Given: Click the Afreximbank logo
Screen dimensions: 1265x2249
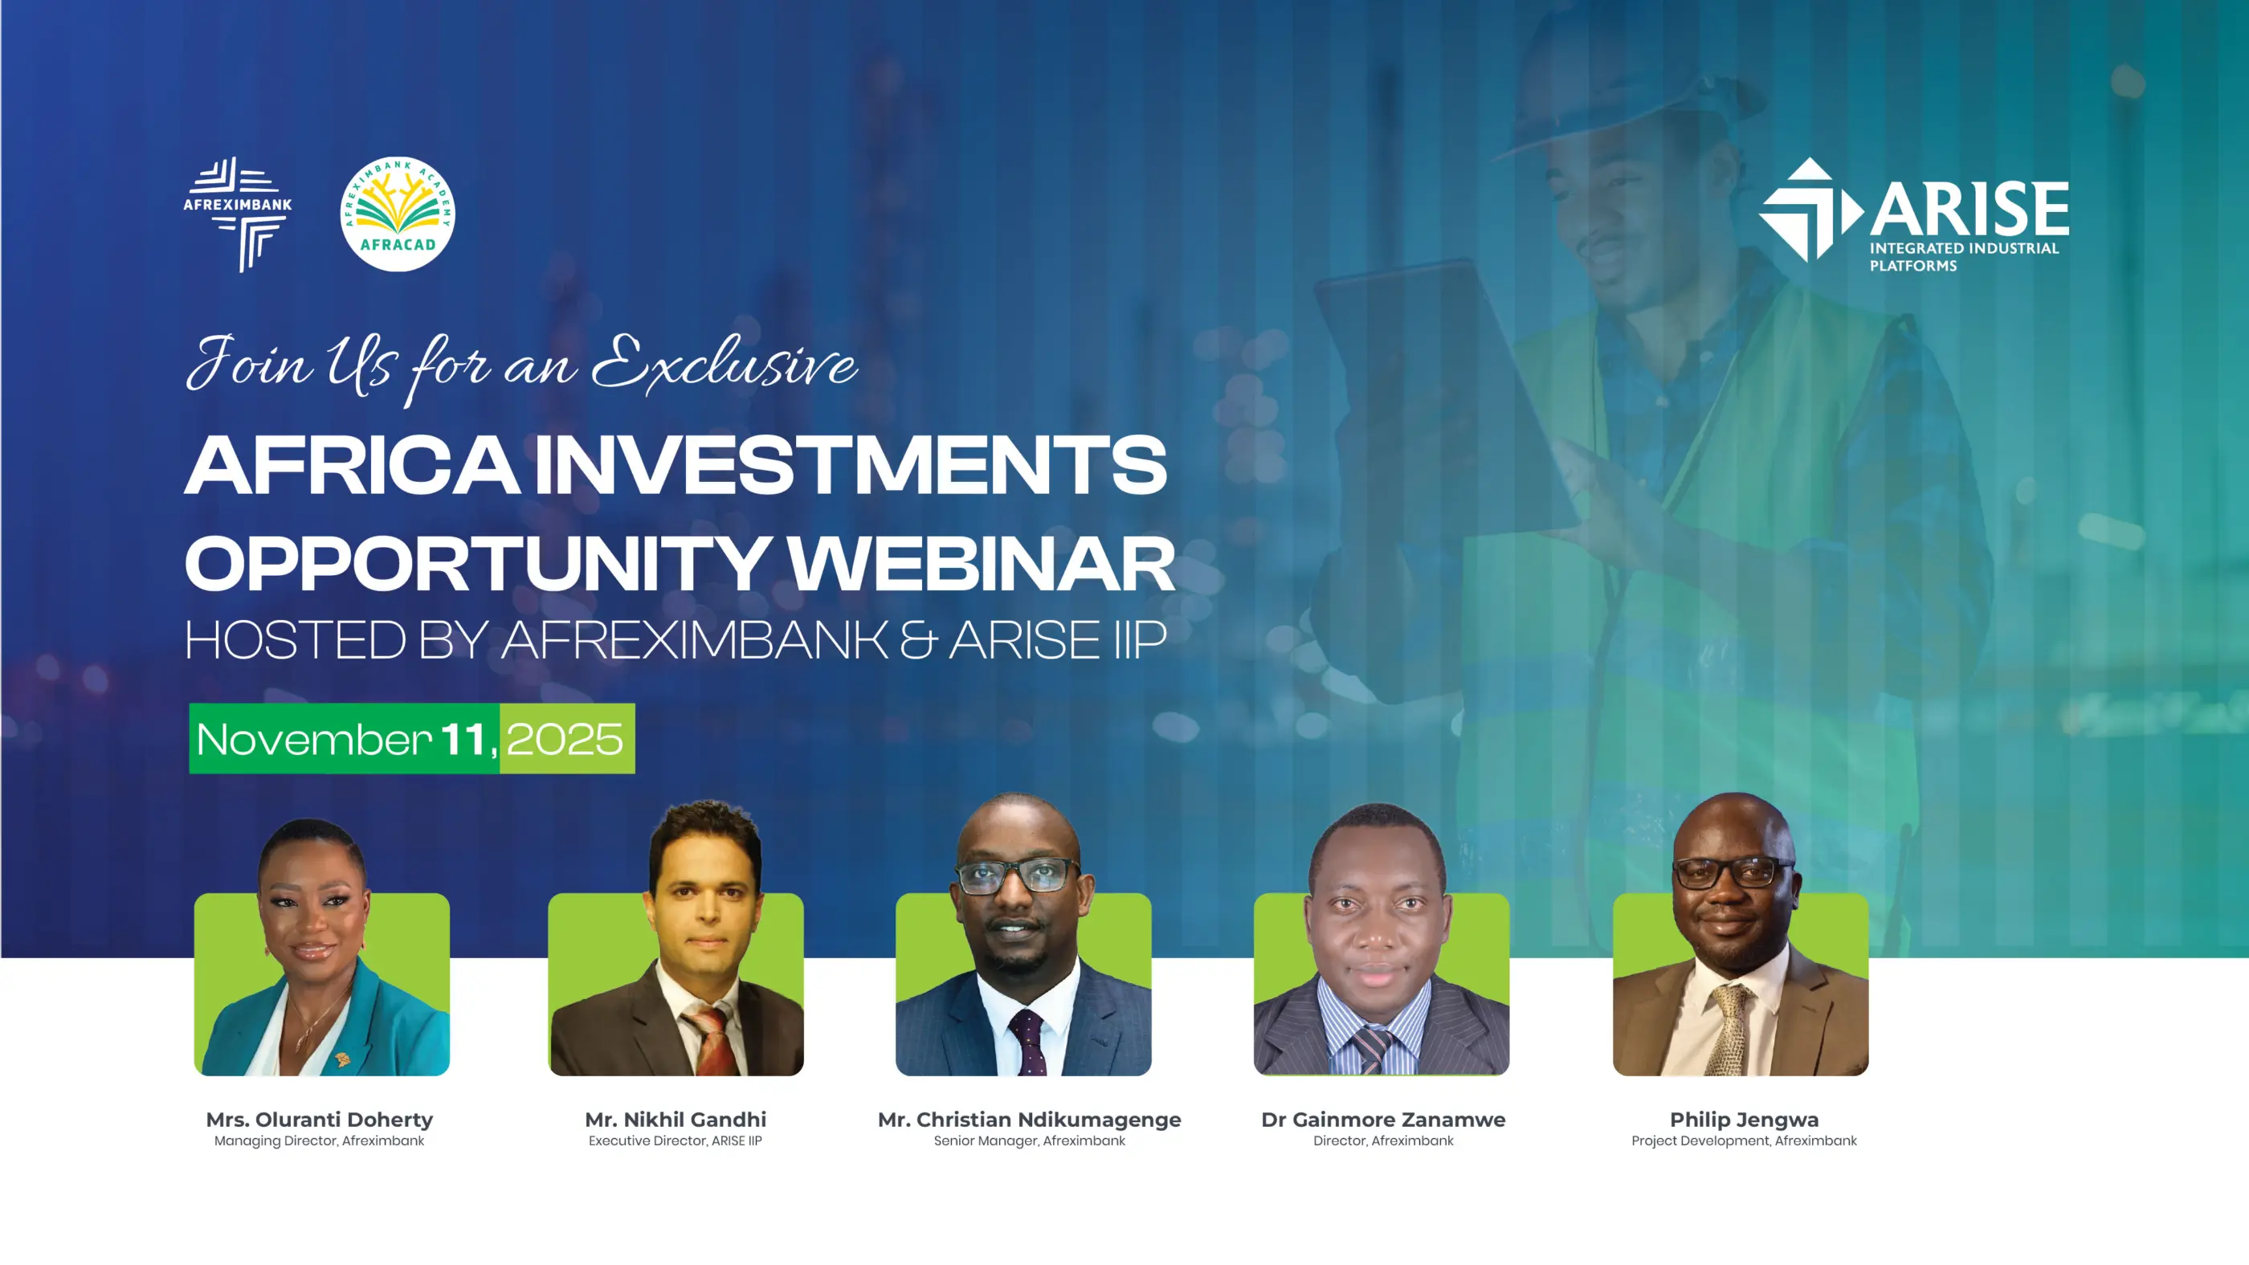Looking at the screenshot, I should [238, 213].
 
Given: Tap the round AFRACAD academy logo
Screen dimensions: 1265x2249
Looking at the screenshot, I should [398, 214].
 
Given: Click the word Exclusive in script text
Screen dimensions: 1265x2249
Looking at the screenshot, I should [724, 363].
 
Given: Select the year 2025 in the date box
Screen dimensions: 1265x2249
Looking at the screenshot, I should [565, 740].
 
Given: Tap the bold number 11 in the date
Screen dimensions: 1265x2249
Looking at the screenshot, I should [463, 740].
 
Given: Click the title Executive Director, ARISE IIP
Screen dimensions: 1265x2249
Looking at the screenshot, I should [675, 1141].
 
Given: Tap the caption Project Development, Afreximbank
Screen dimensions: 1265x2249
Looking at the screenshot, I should [1744, 1141].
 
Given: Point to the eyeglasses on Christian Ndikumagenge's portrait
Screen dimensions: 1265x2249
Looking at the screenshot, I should [1017, 875].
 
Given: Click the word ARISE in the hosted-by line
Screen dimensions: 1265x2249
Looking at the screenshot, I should [1024, 641].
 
